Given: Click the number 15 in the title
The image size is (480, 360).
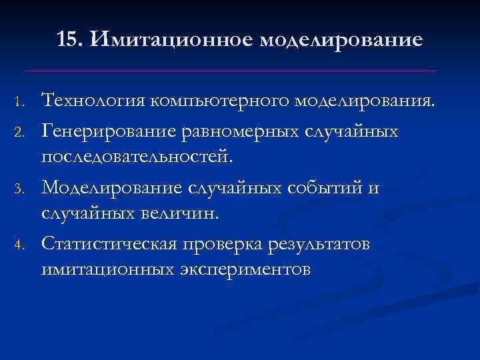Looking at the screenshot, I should point(69,40).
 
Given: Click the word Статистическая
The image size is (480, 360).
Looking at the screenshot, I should point(109,243).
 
